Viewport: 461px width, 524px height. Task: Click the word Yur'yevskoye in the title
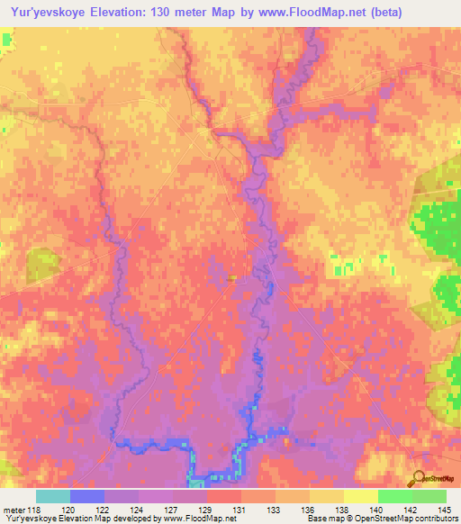pyautogui.click(x=44, y=12)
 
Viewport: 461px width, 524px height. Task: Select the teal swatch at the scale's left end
pyautogui.click(x=53, y=496)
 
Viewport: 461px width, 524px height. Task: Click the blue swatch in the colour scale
pyautogui.click(x=87, y=496)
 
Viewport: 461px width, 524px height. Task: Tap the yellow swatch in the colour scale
pyautogui.click(x=360, y=496)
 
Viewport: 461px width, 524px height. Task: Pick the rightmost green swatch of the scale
pyautogui.click(x=429, y=496)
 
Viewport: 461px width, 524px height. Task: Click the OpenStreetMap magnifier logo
pyautogui.click(x=419, y=478)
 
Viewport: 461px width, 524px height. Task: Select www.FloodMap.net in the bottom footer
pyautogui.click(x=192, y=518)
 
